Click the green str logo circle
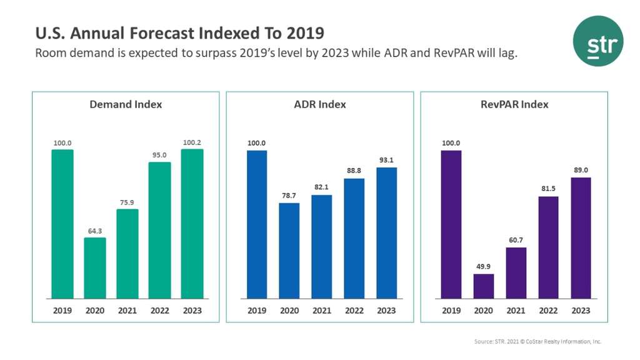598,41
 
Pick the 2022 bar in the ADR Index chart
354,238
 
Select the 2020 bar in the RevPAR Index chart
483,286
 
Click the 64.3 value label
95,231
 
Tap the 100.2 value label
192,142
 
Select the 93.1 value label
387,161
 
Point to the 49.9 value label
483,267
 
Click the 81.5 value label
548,189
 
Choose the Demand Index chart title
126,104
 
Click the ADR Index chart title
320,104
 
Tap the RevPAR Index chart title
514,104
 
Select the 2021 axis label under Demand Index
127,311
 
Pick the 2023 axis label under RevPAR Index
581,311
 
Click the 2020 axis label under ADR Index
289,311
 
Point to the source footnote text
537,342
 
